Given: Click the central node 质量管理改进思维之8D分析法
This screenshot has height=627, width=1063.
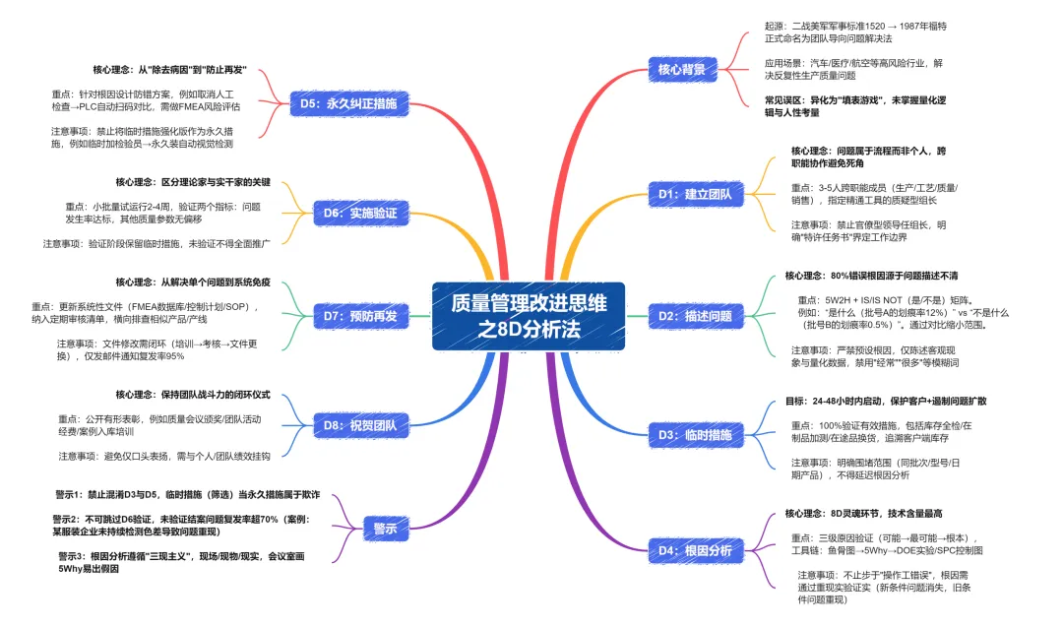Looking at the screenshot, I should pyautogui.click(x=529, y=316).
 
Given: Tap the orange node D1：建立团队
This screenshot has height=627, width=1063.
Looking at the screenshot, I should pyautogui.click(x=695, y=194).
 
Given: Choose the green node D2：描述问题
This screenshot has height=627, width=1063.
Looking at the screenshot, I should pyautogui.click(x=695, y=316).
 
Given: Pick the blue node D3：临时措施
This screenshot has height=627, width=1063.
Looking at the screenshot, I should pyautogui.click(x=695, y=434).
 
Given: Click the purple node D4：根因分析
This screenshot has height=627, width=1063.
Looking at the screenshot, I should pyautogui.click(x=695, y=550).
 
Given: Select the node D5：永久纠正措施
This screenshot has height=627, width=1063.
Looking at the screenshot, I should pyautogui.click(x=348, y=102).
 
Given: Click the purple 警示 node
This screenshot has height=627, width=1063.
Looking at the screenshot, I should pyautogui.click(x=385, y=529).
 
